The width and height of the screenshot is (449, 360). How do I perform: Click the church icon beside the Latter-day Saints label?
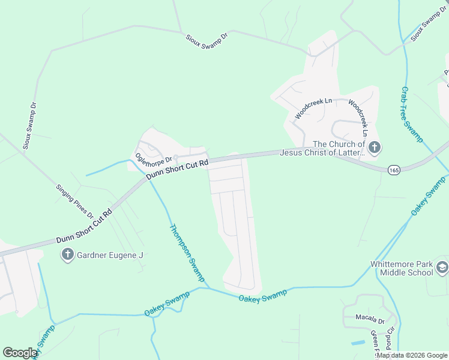pyautogui.click(x=374, y=147)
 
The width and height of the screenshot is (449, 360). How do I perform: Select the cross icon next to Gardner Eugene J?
pyautogui.click(x=68, y=255)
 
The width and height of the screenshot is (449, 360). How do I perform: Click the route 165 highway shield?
pyautogui.click(x=394, y=170)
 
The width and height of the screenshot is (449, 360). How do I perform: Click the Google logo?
pyautogui.click(x=20, y=353)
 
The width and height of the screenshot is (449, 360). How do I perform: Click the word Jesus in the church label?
pyautogui.click(x=293, y=153)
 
